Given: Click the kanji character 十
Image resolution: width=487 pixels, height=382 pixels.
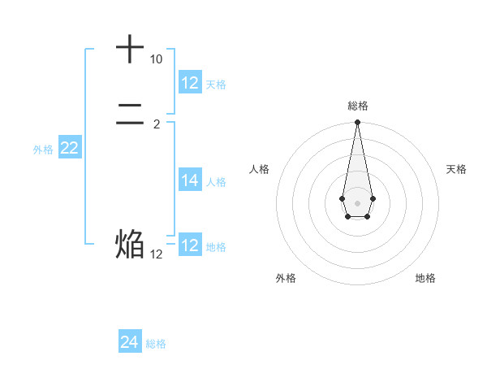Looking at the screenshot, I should (x=131, y=50).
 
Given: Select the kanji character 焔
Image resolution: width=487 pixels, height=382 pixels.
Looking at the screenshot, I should (x=131, y=244).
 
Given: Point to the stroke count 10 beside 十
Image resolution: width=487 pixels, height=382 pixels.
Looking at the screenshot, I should (x=156, y=60).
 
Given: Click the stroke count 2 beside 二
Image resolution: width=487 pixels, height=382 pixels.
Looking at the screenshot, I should (x=156, y=124).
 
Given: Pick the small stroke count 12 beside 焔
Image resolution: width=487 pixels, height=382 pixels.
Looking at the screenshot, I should (x=156, y=254).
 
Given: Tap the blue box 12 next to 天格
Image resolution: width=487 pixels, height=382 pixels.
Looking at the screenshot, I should (x=190, y=83).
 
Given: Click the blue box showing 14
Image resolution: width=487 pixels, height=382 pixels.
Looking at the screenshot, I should (x=190, y=181).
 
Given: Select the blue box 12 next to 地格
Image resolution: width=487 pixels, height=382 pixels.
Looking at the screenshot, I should (x=190, y=245).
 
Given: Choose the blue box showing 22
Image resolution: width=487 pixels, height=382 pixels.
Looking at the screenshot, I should (x=70, y=148).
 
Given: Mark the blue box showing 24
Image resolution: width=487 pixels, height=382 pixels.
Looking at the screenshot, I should (x=130, y=342).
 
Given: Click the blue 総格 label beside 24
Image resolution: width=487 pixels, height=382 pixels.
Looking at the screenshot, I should (x=156, y=344).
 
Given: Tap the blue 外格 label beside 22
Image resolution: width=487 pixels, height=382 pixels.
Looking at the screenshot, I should (x=43, y=150).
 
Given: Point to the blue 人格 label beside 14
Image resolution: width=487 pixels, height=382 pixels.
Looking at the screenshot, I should (x=216, y=182).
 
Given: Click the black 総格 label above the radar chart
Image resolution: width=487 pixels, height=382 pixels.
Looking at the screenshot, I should (x=357, y=106).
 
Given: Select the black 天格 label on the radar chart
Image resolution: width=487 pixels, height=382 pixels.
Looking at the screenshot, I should (x=456, y=169).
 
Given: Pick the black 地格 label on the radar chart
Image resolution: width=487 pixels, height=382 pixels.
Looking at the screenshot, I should (x=425, y=278).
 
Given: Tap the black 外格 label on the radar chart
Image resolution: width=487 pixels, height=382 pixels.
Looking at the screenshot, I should (x=286, y=278).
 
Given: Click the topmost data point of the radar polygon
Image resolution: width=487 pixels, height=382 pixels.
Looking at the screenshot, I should (x=357, y=123).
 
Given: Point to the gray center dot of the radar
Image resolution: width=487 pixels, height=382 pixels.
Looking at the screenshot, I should (x=357, y=202).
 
